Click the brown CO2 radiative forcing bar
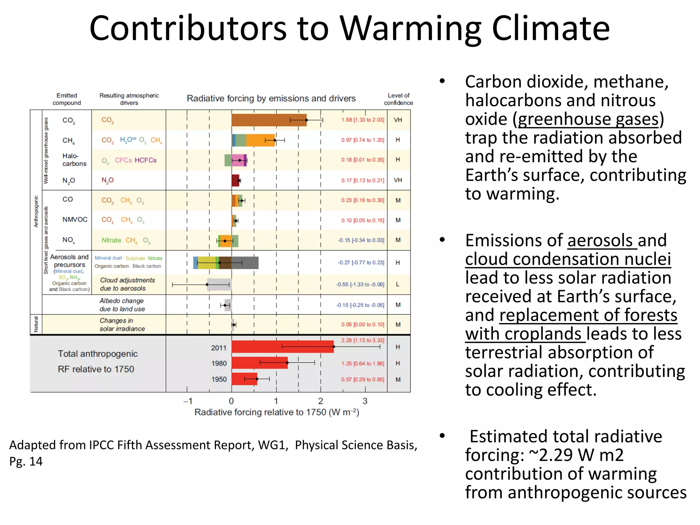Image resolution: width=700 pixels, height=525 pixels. coord(269,120)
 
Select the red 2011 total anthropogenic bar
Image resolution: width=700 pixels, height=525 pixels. coord(282,347)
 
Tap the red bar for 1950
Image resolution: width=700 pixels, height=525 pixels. coord(244,379)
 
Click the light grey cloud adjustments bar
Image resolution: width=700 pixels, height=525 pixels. coord(219,284)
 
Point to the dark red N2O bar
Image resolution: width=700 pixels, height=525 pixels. coord(235,180)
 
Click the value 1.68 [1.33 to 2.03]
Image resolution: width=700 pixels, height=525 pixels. coord(363,120)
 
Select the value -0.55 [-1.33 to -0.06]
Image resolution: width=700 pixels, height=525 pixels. coord(360,284)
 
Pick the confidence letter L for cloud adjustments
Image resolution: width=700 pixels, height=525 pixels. coord(398,284)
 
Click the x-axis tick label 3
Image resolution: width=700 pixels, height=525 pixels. coord(365,401)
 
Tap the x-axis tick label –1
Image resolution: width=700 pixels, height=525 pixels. coord(188,401)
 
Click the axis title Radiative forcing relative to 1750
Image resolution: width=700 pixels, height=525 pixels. coord(277,412)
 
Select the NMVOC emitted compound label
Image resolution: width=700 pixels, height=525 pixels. coord(75,219)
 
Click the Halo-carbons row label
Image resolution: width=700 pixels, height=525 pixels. coord(74,160)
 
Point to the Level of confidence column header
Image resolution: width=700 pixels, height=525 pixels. coord(398,99)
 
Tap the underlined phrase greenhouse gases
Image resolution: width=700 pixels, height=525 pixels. coord(588,119)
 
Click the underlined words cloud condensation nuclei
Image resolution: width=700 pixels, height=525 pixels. coord(568,259)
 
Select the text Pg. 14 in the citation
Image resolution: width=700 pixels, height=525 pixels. coord(26,461)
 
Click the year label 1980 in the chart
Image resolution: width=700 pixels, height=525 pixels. coord(219,363)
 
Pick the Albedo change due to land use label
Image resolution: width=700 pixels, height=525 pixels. coord(122,305)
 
